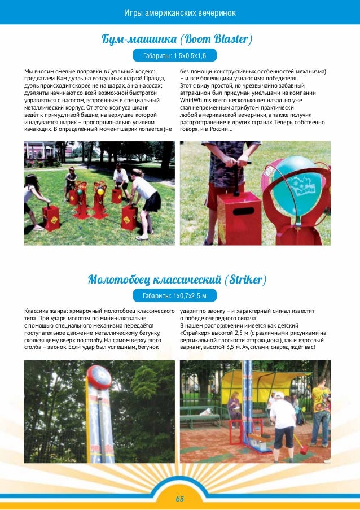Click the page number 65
pyautogui.click(x=180, y=499)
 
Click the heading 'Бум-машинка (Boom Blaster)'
pyautogui.click(x=176, y=39)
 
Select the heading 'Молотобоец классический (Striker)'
pyautogui.click(x=177, y=280)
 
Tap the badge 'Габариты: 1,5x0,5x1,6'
pyautogui.click(x=174, y=55)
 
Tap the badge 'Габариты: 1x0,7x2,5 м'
pyautogui.click(x=174, y=296)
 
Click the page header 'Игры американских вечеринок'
pyautogui.click(x=180, y=12)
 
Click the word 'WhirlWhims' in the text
pyautogui.click(x=196, y=100)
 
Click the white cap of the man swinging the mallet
pyautogui.click(x=279, y=395)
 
